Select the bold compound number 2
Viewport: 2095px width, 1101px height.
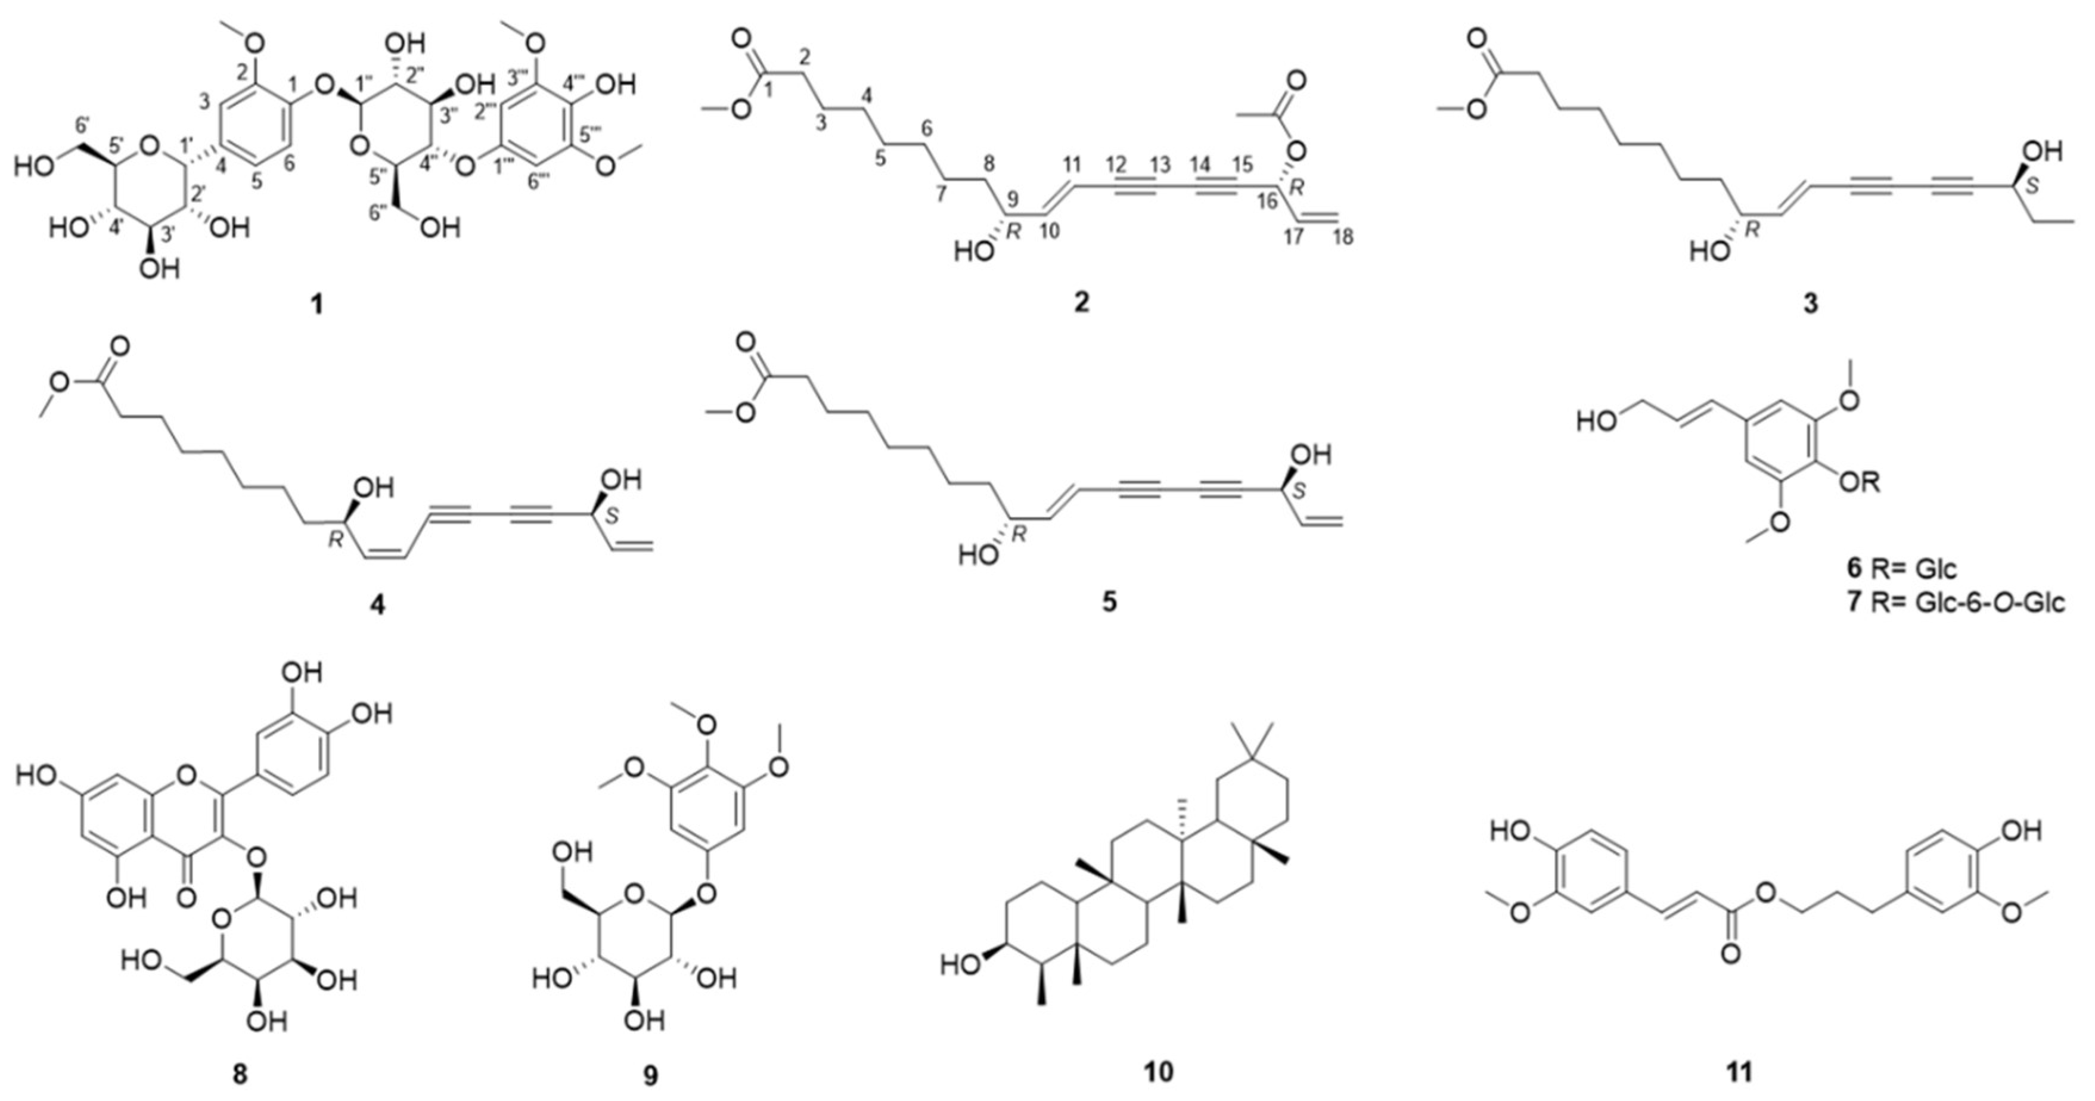[1081, 303]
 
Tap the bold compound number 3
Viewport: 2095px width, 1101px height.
[1810, 303]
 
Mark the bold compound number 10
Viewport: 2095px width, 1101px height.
[1158, 1072]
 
